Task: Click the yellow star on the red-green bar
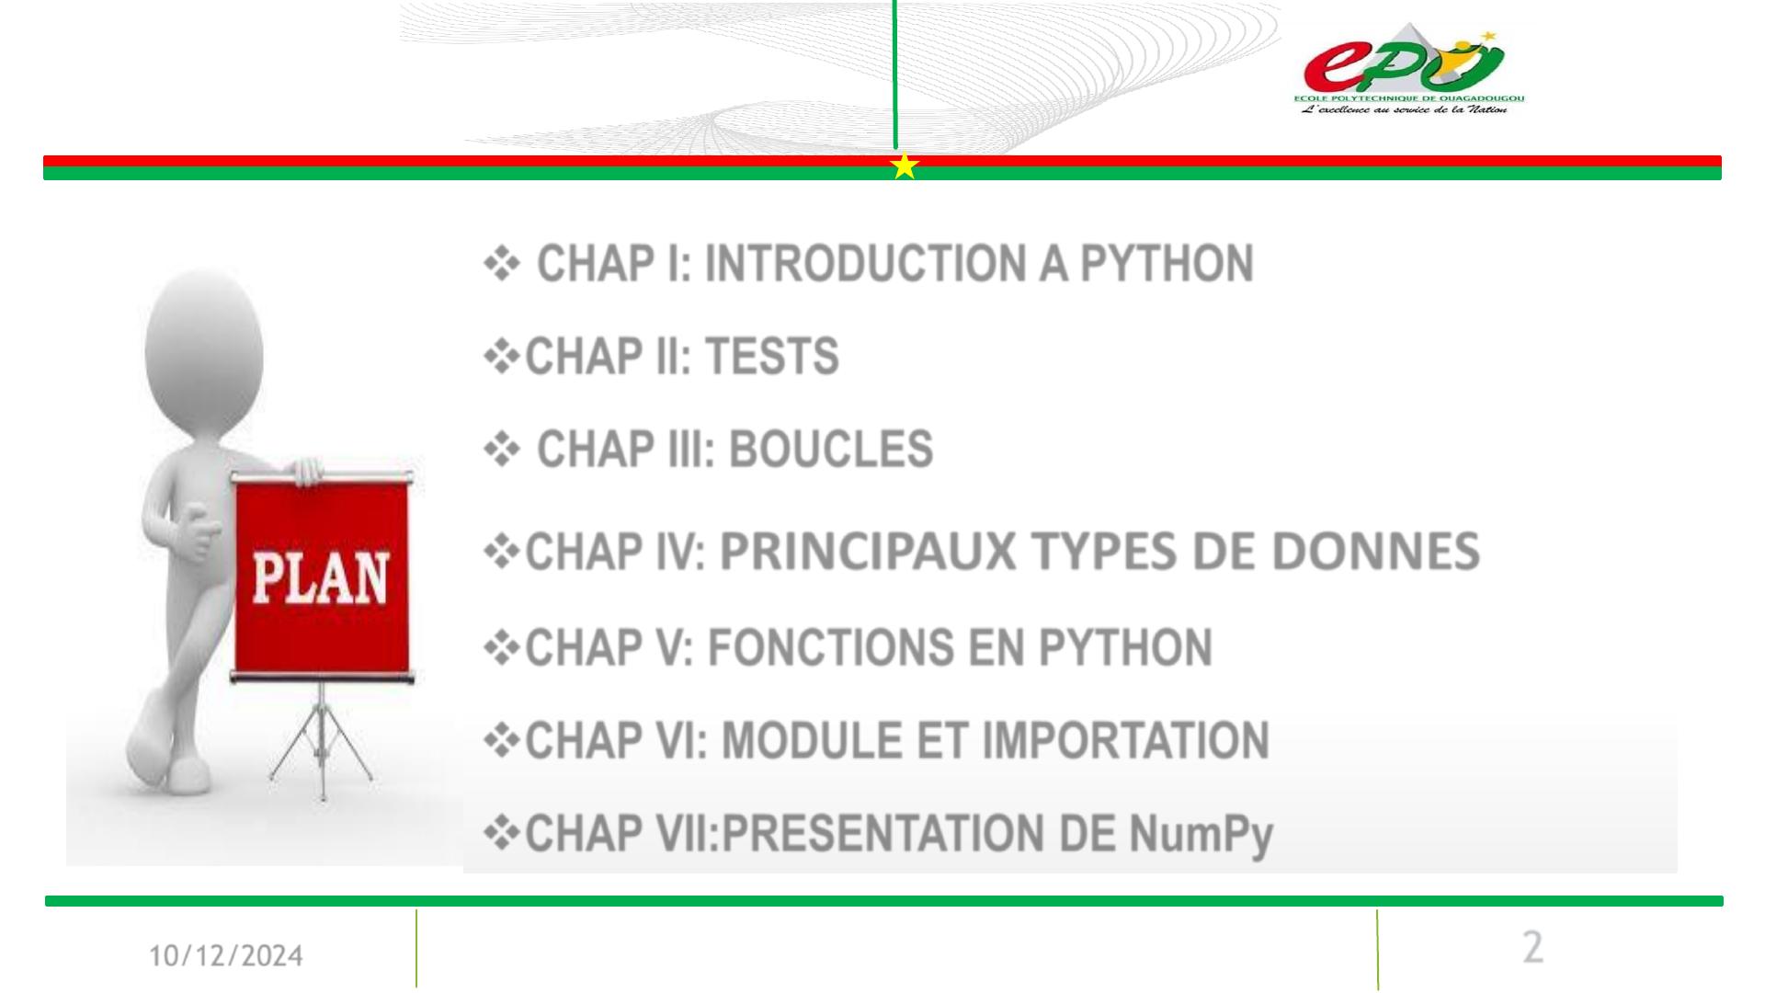tap(905, 166)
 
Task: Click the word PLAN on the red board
tap(320, 578)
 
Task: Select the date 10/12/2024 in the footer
tap(226, 956)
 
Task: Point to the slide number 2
tap(1532, 947)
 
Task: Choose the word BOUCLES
tap(830, 450)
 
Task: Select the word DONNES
tap(1375, 552)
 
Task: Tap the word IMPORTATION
tap(1126, 741)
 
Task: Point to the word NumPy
tap(1201, 835)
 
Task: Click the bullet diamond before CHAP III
tap(502, 451)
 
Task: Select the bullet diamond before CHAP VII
tap(502, 834)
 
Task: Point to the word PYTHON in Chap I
tap(1166, 264)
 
